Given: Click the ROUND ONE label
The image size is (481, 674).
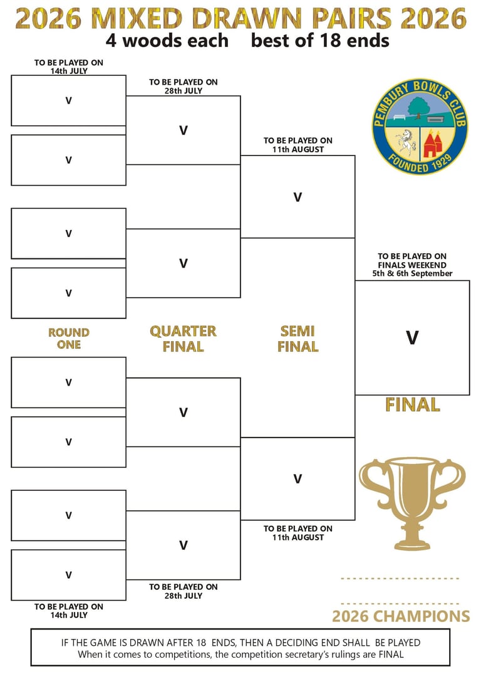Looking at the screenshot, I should click(69, 339).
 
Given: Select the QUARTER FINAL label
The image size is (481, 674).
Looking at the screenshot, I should click(183, 339).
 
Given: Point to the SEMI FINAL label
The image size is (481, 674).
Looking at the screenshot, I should click(297, 339).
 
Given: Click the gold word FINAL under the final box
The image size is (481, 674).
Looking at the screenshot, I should click(412, 405).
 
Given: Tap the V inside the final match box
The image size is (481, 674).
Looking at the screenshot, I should click(412, 338).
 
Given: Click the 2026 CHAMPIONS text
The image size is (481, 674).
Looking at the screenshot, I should click(401, 616).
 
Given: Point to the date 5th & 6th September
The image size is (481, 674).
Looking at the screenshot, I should click(412, 273).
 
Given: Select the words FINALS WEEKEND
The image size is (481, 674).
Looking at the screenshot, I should click(412, 265).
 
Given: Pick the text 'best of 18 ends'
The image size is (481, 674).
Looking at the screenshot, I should click(320, 41).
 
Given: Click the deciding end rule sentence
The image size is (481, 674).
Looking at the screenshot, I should click(240, 643).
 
